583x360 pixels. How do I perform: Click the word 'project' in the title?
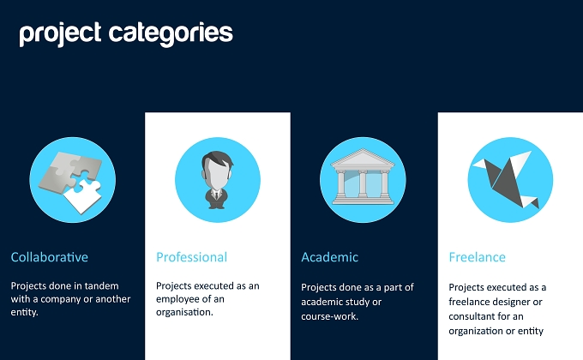point(60,34)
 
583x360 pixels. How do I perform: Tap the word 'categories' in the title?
point(171,34)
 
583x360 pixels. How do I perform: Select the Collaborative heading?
point(50,257)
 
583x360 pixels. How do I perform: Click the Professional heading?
point(191,257)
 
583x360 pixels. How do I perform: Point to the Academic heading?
point(330,257)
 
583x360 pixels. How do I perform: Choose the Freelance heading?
point(477,257)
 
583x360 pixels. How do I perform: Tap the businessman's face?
point(217,174)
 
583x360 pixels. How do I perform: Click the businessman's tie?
point(216,195)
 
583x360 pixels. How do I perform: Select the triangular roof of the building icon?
point(363,158)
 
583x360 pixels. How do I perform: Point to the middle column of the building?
point(363,183)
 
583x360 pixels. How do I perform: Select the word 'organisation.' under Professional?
point(184,312)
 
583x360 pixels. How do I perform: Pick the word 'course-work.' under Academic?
point(330,316)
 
